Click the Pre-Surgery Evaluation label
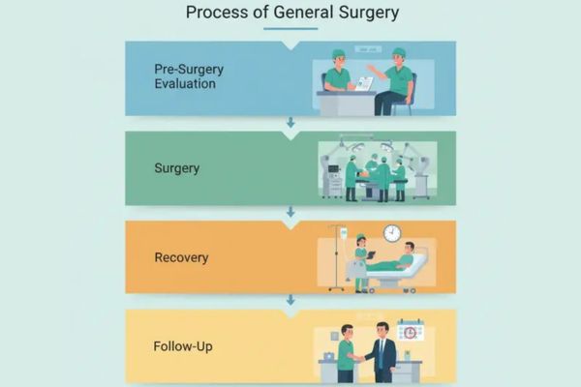[x=185, y=75]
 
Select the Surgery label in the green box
[x=177, y=168]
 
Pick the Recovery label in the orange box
[x=182, y=257]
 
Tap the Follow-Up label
[x=184, y=345]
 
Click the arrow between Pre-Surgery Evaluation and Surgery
[x=290, y=123]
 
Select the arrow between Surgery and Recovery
[x=290, y=211]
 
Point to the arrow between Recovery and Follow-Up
[x=290, y=300]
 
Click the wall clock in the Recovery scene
[x=392, y=233]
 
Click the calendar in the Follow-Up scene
[x=411, y=331]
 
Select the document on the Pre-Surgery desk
[x=364, y=83]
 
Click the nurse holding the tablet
[x=361, y=261]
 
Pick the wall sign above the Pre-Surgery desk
[x=367, y=49]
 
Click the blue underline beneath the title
[x=290, y=28]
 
